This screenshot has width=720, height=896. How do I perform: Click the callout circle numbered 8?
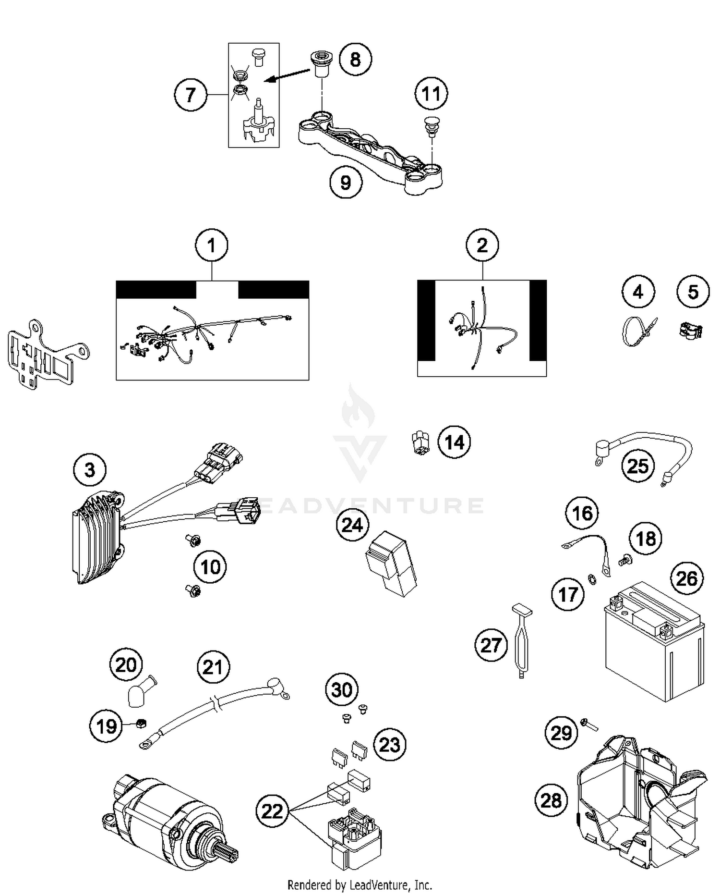355,60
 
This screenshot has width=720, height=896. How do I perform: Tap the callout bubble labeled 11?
431,94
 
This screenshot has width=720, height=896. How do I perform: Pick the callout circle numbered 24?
352,525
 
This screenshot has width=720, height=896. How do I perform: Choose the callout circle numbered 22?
272,811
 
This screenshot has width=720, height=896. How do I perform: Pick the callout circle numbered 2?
482,245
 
